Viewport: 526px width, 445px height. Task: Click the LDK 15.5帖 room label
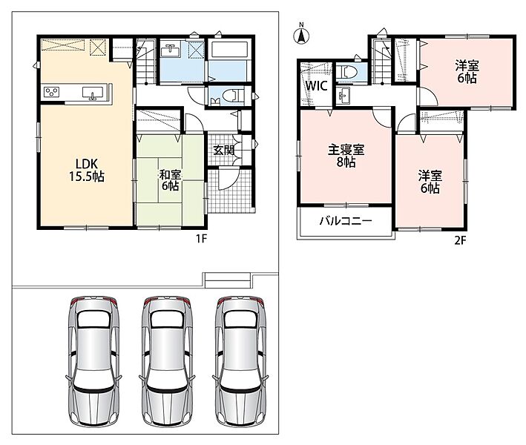(x=87, y=170)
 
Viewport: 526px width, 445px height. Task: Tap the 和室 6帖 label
(x=170, y=180)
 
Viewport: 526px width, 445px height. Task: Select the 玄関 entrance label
(x=223, y=150)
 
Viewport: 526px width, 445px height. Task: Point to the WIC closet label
(x=316, y=85)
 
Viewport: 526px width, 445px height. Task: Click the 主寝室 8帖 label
(x=346, y=156)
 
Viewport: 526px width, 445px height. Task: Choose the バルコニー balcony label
(x=346, y=221)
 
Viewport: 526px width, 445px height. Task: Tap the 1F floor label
(x=201, y=238)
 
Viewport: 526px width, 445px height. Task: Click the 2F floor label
(x=460, y=240)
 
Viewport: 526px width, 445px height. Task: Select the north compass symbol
(x=301, y=34)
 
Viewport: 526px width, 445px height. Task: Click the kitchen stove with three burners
(x=52, y=92)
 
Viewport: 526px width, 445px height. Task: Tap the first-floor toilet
(x=231, y=96)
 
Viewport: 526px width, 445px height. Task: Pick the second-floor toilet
(x=345, y=72)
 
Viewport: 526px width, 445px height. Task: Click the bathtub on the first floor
(x=229, y=49)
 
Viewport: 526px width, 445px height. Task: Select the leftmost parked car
(x=93, y=361)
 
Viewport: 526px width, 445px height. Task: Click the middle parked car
(x=167, y=361)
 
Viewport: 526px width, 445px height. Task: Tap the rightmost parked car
(x=240, y=361)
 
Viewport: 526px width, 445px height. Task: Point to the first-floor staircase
(x=146, y=62)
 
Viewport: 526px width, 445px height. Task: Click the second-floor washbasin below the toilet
(x=343, y=96)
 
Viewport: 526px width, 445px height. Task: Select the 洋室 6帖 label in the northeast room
(x=467, y=71)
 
